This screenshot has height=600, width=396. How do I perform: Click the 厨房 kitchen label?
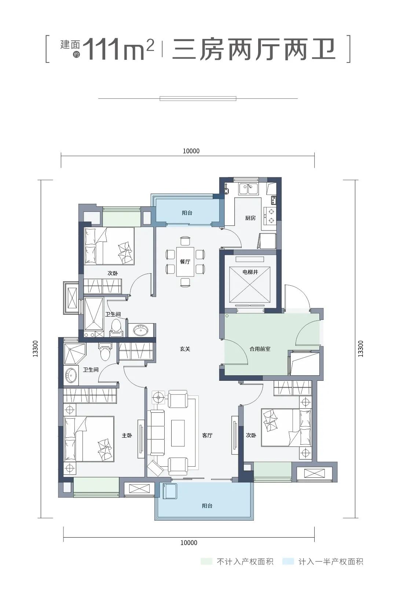[250, 218]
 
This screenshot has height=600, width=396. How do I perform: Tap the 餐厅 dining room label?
[185, 262]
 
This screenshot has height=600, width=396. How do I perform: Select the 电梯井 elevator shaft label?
[250, 272]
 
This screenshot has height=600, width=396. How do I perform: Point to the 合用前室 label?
[260, 349]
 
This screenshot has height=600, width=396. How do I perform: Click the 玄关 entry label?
[185, 349]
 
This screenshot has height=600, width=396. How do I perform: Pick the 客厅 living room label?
[207, 435]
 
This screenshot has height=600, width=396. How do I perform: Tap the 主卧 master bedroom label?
[127, 435]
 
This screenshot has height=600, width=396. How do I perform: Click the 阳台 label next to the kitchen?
[187, 213]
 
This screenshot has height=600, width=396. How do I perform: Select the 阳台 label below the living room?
[207, 506]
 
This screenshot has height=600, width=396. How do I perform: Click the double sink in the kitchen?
[248, 188]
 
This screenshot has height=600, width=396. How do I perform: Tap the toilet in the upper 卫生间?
[116, 328]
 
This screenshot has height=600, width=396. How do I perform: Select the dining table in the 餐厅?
[185, 261]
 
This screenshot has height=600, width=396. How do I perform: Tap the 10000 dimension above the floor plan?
[191, 151]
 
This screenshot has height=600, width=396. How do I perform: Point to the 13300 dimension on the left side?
[36, 349]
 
